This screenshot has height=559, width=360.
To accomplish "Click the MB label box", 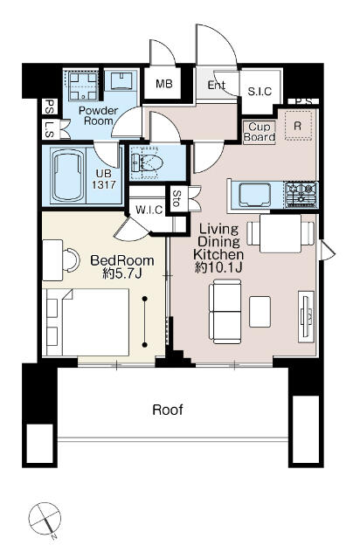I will [163, 84].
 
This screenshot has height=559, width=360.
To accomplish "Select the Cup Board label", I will [260, 133].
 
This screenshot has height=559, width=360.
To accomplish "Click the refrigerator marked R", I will [298, 125].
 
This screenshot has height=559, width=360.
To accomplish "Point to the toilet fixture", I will [146, 162].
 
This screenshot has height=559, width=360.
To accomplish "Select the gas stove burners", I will [301, 192].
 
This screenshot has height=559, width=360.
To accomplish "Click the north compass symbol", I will [43, 521].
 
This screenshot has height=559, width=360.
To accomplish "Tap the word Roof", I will [168, 409].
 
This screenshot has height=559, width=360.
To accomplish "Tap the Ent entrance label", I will [217, 86].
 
